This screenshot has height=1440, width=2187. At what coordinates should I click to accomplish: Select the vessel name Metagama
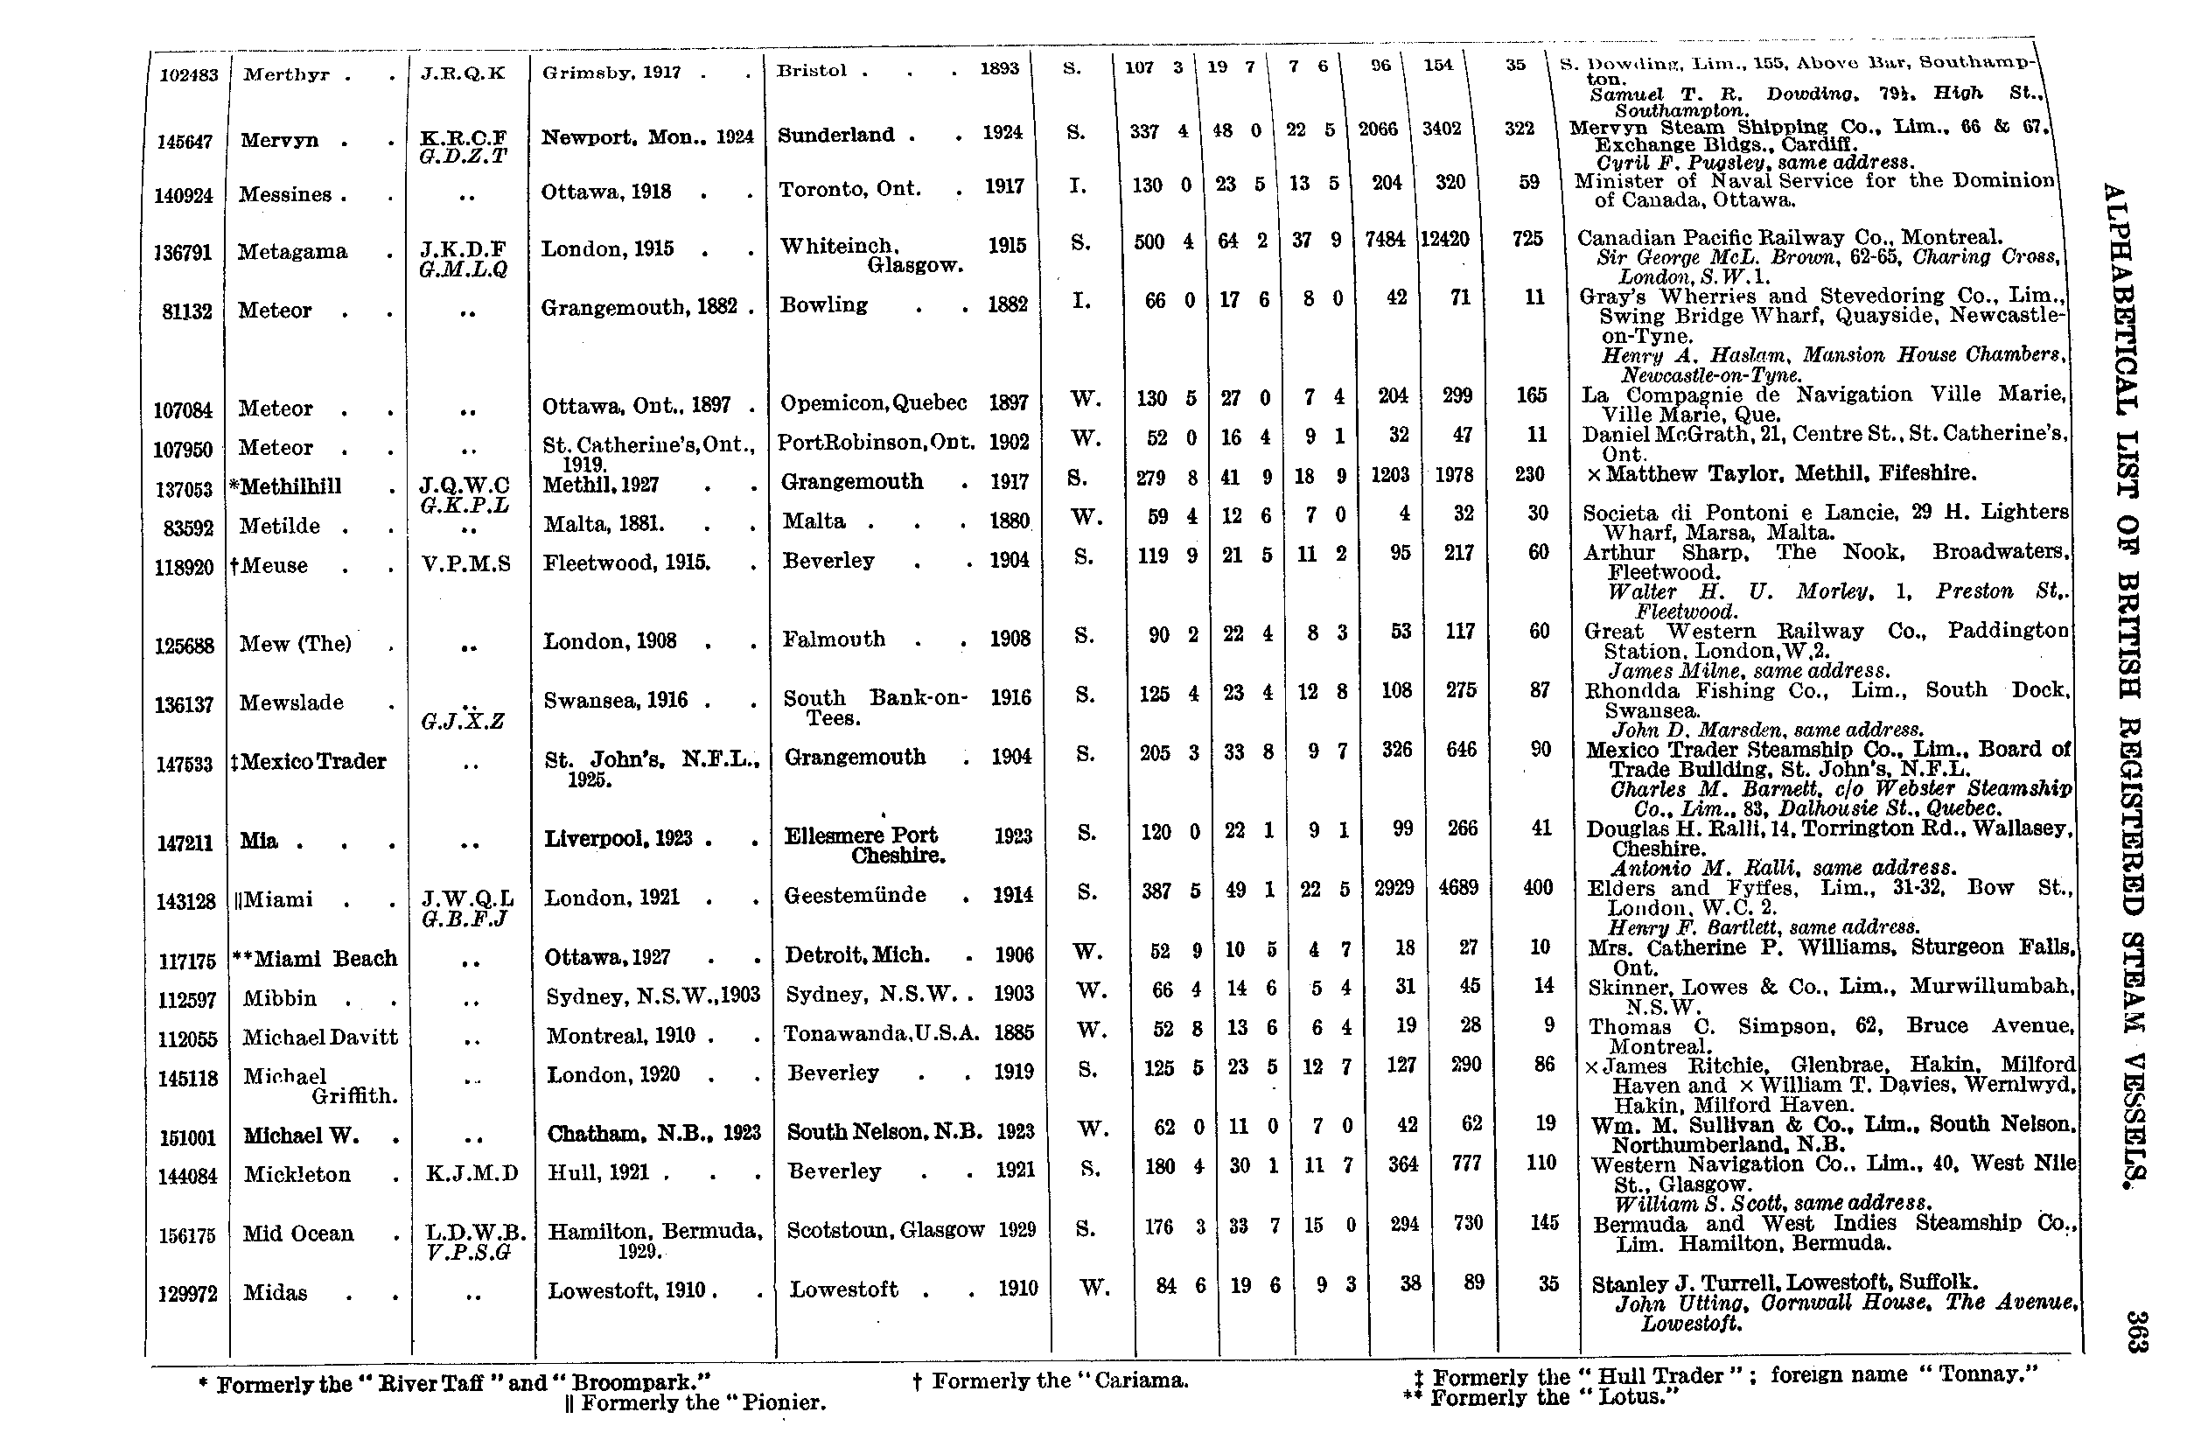click(x=292, y=252)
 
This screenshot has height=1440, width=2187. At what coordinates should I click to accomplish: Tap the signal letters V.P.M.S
click(x=466, y=564)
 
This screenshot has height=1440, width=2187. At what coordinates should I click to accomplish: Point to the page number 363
click(x=2136, y=1331)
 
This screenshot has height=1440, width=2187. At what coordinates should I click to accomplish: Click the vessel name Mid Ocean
click(x=297, y=1234)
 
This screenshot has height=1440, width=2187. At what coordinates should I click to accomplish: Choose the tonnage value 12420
click(x=1444, y=240)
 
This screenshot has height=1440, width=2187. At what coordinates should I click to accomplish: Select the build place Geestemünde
click(x=855, y=895)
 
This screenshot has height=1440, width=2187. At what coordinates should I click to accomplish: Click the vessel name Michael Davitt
click(x=320, y=1038)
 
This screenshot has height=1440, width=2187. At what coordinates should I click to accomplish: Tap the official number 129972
click(x=187, y=1294)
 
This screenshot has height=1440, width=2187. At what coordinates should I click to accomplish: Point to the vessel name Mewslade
click(x=291, y=703)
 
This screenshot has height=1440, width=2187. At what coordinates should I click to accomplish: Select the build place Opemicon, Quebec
click(x=873, y=403)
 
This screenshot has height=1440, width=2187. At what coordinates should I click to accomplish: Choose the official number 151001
click(x=186, y=1137)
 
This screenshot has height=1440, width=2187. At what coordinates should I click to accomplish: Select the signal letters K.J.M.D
click(x=472, y=1173)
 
